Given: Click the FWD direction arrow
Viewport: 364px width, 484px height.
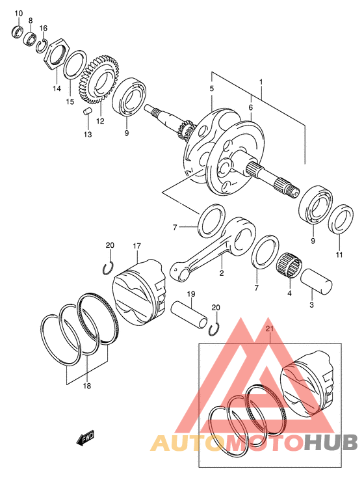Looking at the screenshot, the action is pyautogui.click(x=85, y=438).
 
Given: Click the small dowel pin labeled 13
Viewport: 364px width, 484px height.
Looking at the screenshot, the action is pyautogui.click(x=87, y=111).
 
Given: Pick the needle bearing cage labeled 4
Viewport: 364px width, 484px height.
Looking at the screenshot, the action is pyautogui.click(x=290, y=267).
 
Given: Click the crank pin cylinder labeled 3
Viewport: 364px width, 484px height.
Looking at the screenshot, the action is pyautogui.click(x=317, y=281).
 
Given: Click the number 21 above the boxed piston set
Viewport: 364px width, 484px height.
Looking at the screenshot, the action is pyautogui.click(x=270, y=329).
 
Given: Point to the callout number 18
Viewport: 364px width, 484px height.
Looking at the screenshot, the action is pyautogui.click(x=87, y=386).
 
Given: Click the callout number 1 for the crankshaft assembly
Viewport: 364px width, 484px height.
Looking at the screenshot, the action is pyautogui.click(x=261, y=82).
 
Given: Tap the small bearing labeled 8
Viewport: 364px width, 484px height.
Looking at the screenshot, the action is pyautogui.click(x=31, y=37).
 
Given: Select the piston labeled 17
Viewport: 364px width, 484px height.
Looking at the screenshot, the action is pyautogui.click(x=140, y=291).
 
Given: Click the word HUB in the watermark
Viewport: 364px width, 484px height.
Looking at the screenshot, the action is pyautogui.click(x=330, y=442).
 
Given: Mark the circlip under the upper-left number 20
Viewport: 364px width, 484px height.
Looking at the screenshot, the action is pyautogui.click(x=108, y=267).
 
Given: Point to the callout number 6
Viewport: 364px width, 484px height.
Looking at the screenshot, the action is pyautogui.click(x=250, y=107).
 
